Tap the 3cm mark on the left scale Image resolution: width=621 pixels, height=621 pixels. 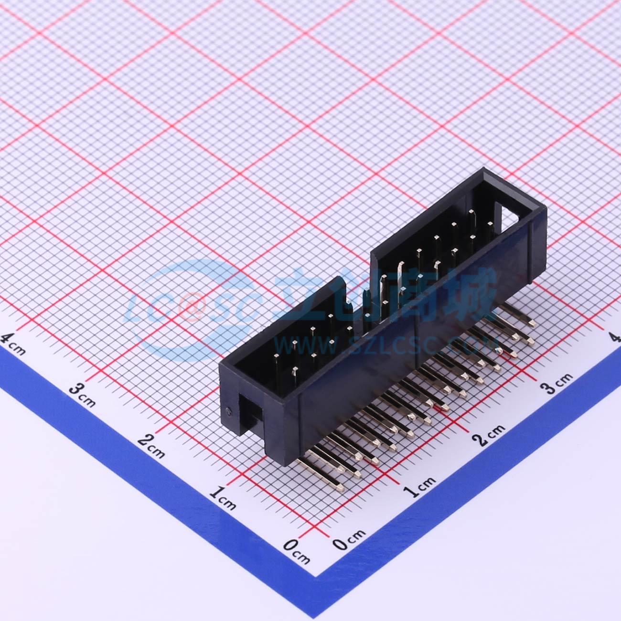[82, 394]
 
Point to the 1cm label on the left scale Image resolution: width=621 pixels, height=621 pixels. [222, 496]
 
